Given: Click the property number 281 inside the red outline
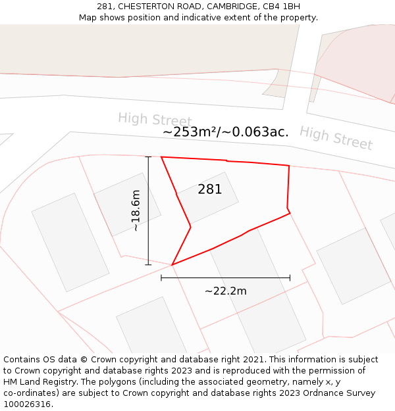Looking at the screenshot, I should [x=210, y=189].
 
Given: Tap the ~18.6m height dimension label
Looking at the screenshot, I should [x=136, y=210].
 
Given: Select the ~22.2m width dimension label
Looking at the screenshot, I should [x=225, y=291].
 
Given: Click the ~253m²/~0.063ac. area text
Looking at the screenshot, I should [x=225, y=132].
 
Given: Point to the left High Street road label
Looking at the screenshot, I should [x=155, y=120].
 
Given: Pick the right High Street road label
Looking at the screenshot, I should [x=336, y=137].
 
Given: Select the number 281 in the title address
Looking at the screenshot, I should [x=105, y=6].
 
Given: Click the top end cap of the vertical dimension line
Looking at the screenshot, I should [x=148, y=157].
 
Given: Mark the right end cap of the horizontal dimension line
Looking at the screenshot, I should [x=290, y=278].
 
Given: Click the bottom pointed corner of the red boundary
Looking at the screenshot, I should [x=172, y=264].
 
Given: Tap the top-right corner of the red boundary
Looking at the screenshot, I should [x=289, y=166].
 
